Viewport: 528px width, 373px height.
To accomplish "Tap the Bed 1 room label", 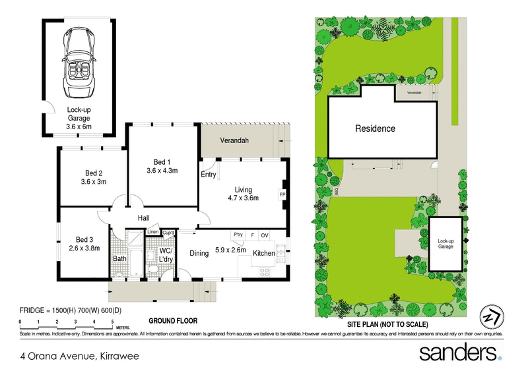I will (162, 162).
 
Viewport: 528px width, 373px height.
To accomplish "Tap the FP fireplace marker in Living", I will (282, 195).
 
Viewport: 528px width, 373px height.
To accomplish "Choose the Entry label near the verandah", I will (209, 175).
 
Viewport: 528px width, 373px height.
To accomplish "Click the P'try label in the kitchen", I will (238, 235).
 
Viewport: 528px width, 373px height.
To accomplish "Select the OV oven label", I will (264, 235).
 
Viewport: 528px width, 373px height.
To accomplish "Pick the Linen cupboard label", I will (152, 232).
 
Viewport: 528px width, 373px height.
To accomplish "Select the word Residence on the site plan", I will (375, 129).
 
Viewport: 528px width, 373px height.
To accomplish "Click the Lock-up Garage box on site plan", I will (446, 243).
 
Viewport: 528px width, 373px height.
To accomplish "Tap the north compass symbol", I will (490, 316).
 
